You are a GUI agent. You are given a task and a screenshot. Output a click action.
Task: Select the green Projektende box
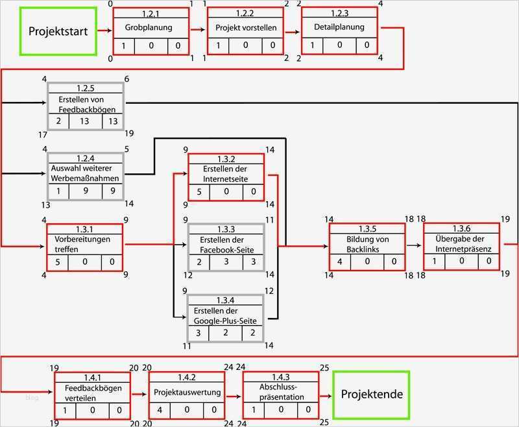(x=372, y=394)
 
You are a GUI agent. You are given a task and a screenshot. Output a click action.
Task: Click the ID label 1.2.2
(x=245, y=13)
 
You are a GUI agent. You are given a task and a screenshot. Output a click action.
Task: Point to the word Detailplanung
(x=339, y=27)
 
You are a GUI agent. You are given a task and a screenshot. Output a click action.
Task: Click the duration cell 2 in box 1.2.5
(x=58, y=121)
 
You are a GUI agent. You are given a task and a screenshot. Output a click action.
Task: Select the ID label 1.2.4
(x=85, y=158)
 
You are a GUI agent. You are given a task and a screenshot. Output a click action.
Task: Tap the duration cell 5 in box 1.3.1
(x=58, y=262)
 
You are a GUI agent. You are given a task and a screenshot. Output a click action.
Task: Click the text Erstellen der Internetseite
(x=226, y=174)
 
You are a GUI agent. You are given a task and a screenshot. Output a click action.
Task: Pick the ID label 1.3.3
(x=226, y=229)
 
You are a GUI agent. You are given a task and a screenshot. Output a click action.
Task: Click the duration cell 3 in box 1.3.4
(x=199, y=332)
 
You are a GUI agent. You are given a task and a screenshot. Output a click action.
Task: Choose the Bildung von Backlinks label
(x=367, y=243)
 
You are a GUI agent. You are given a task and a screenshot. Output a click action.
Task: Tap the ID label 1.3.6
(x=461, y=229)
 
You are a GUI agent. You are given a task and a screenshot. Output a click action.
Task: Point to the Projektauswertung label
(x=187, y=393)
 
